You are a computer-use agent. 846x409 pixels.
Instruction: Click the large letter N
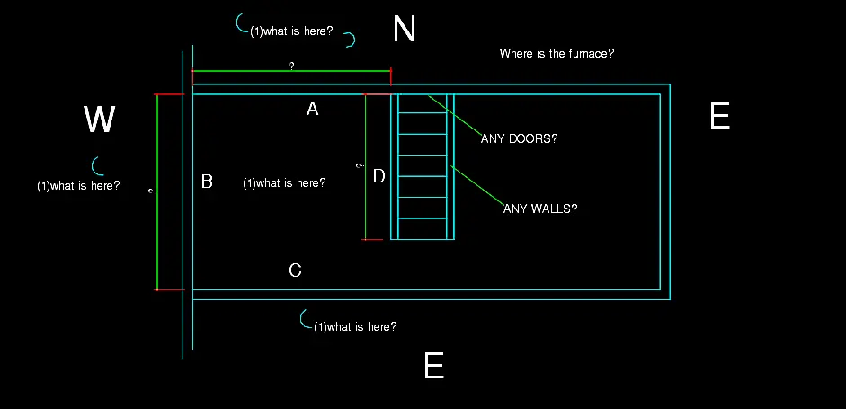tap(405, 29)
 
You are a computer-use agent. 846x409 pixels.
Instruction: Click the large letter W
tap(100, 120)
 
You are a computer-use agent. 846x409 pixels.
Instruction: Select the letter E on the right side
tap(720, 115)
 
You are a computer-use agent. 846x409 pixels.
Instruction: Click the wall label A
tap(312, 110)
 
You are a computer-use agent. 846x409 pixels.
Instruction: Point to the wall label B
tap(207, 182)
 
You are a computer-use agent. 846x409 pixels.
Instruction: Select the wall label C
tap(295, 270)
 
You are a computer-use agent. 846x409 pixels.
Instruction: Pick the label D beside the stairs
tap(379, 176)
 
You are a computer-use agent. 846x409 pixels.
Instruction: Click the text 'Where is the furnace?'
tap(557, 53)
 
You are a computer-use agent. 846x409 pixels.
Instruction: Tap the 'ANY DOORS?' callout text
tap(519, 138)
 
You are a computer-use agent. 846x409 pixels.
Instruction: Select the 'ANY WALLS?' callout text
tap(539, 209)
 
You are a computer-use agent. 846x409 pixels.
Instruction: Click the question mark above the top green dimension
tap(292, 66)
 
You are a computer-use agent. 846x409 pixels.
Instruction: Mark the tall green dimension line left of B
tap(157, 192)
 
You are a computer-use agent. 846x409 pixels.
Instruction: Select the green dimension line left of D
tap(365, 166)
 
